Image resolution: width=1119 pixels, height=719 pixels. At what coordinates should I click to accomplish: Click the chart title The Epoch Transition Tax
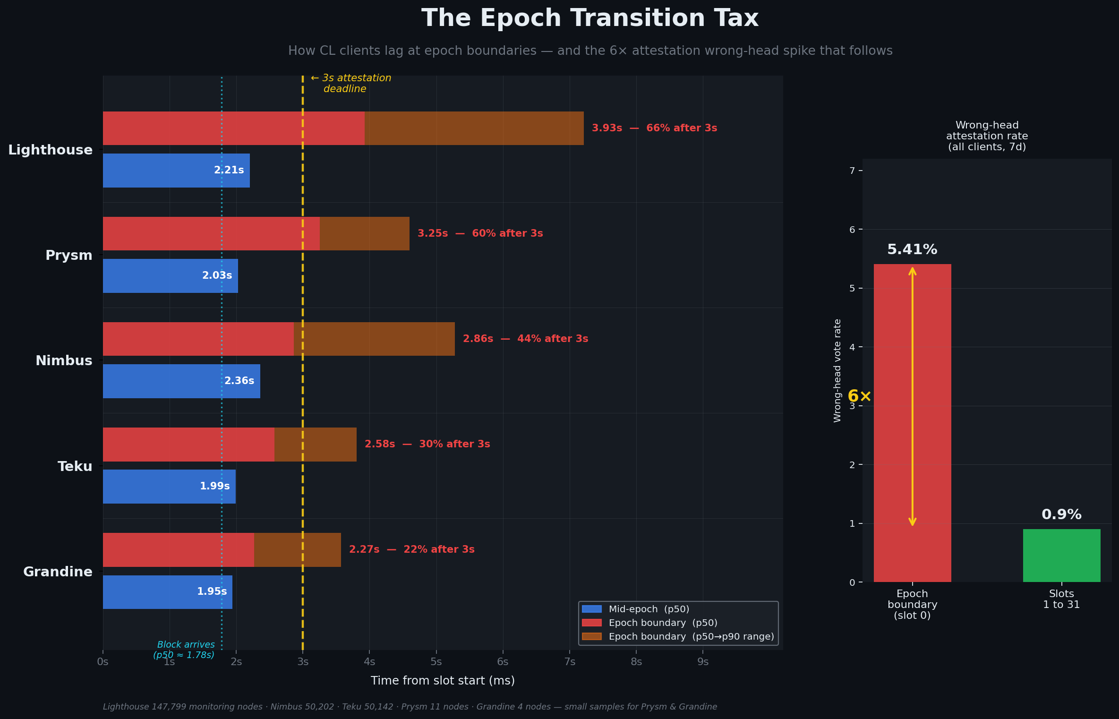[589, 18]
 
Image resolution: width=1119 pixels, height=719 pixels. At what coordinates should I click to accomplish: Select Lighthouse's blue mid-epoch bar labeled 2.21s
[176, 171]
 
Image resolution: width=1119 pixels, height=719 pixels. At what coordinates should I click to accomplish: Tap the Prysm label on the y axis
[69, 256]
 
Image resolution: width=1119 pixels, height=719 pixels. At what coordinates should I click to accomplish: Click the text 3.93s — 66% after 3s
[654, 128]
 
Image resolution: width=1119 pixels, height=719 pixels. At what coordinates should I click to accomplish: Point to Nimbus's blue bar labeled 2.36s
[181, 381]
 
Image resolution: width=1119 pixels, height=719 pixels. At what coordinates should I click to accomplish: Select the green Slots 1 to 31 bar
[1061, 556]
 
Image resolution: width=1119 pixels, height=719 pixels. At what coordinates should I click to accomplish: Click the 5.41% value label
[912, 250]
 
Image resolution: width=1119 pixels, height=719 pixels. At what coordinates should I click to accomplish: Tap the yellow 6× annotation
[859, 396]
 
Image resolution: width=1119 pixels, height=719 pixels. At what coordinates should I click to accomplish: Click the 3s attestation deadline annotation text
[351, 84]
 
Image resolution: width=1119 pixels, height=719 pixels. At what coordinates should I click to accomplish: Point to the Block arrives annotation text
[185, 650]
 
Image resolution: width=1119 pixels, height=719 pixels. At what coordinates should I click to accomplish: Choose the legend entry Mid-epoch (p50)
[648, 609]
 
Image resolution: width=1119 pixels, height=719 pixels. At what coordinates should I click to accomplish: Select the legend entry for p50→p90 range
[691, 637]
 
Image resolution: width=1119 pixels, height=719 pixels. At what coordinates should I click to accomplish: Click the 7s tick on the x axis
[570, 662]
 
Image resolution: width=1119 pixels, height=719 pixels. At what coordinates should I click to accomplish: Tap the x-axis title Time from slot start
[443, 681]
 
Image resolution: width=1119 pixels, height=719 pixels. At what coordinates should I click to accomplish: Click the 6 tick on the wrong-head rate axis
[852, 230]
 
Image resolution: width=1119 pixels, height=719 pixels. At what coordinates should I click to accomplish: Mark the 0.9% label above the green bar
[1061, 515]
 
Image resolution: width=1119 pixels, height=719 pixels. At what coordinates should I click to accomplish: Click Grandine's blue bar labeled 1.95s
[167, 592]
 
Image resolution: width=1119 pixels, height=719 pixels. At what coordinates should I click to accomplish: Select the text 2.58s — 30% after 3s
[427, 445]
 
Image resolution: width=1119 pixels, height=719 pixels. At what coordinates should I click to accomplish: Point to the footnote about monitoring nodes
[410, 707]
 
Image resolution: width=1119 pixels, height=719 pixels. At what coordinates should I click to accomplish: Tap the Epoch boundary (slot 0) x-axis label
[912, 605]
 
